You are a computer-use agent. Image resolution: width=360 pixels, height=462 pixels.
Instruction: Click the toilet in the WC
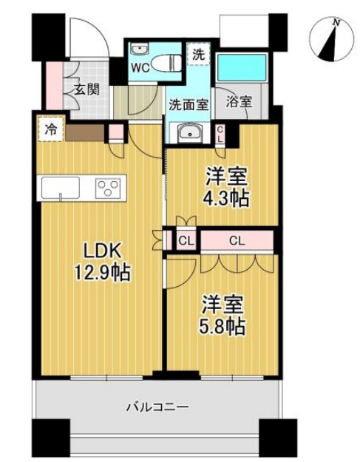click(x=166, y=63)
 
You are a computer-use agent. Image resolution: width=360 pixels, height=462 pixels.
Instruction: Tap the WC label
click(x=140, y=68)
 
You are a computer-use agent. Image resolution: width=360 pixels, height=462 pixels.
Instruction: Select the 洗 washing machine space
click(x=199, y=54)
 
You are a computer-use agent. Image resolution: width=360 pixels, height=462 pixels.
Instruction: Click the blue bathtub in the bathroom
click(x=242, y=68)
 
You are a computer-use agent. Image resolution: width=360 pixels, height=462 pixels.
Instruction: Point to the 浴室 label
click(x=239, y=102)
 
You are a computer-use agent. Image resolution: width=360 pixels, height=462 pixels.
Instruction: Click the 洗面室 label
click(x=189, y=105)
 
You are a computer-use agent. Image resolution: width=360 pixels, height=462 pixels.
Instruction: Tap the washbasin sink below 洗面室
click(x=190, y=133)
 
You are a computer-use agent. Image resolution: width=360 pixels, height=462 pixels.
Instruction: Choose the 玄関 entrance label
click(x=86, y=89)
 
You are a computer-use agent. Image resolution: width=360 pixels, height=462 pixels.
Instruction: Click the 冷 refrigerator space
click(x=51, y=129)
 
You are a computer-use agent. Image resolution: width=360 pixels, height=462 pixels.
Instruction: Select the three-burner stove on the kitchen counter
click(x=109, y=188)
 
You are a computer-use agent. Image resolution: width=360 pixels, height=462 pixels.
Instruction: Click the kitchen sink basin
click(x=61, y=188)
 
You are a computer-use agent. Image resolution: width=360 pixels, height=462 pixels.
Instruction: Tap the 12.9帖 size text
click(x=102, y=273)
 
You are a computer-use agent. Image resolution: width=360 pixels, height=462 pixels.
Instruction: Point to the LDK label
click(x=102, y=252)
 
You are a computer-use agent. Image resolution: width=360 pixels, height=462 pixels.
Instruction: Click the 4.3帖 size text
click(x=225, y=199)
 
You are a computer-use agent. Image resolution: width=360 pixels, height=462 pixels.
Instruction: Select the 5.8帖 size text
click(x=223, y=327)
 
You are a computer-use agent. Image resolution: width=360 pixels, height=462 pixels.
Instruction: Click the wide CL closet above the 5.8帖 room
click(x=237, y=241)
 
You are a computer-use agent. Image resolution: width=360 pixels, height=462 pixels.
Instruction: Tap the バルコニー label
click(x=157, y=407)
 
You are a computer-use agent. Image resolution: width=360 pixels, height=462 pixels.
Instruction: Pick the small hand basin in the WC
click(x=140, y=50)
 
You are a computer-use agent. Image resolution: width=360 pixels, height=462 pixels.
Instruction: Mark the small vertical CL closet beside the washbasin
click(x=220, y=135)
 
